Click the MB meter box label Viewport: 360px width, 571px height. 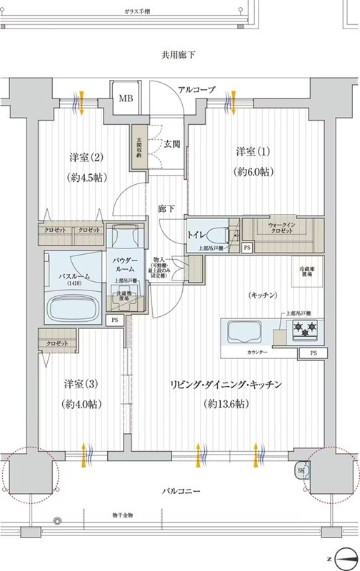pyautogui.click(x=126, y=98)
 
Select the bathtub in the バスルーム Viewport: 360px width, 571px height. pyautogui.click(x=74, y=308)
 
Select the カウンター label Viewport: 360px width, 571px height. pyautogui.click(x=259, y=353)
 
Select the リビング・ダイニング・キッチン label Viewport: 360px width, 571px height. pyautogui.click(x=226, y=384)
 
